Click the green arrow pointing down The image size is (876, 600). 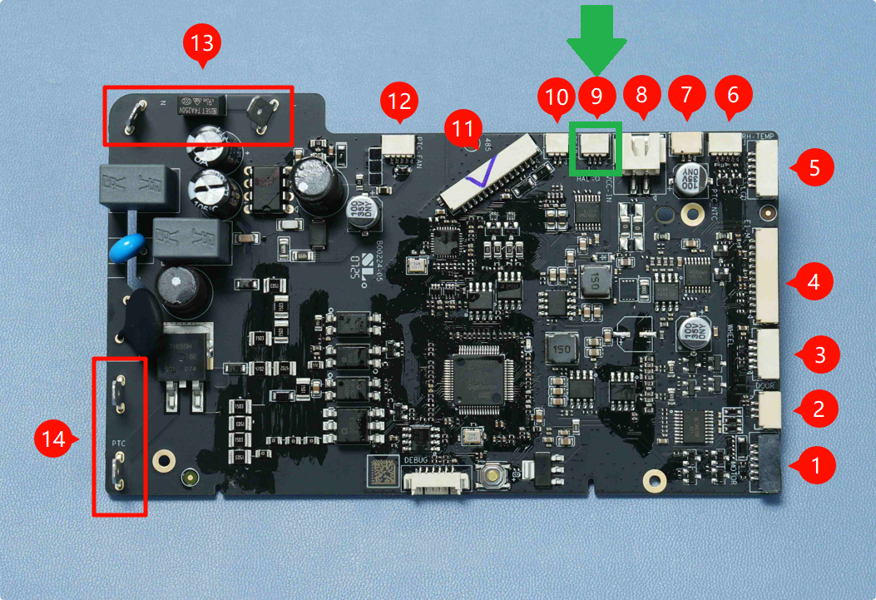[596, 38]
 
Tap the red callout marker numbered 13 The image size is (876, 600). [202, 43]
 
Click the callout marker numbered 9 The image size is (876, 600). [596, 96]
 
